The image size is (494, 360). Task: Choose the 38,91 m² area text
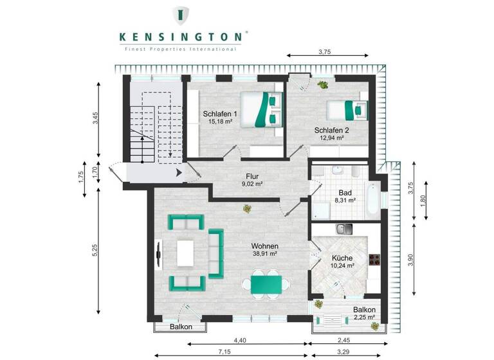(264, 254)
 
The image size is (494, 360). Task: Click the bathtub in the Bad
(372, 200)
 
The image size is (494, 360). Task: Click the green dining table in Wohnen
(265, 283)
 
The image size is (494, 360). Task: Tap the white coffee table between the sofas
(186, 253)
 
